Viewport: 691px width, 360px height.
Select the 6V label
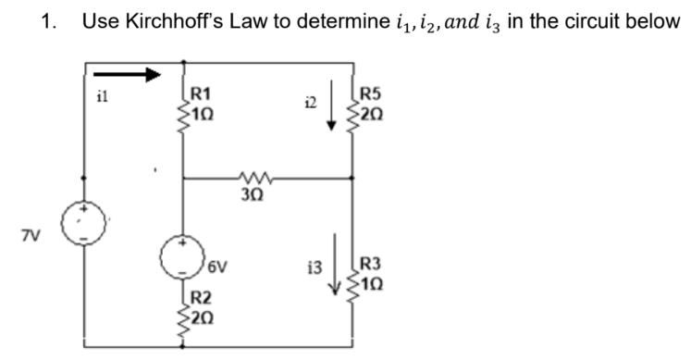coord(217,268)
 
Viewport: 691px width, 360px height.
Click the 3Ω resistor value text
coord(252,194)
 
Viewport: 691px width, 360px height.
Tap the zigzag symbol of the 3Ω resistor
coord(252,176)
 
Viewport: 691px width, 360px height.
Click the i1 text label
coord(103,93)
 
